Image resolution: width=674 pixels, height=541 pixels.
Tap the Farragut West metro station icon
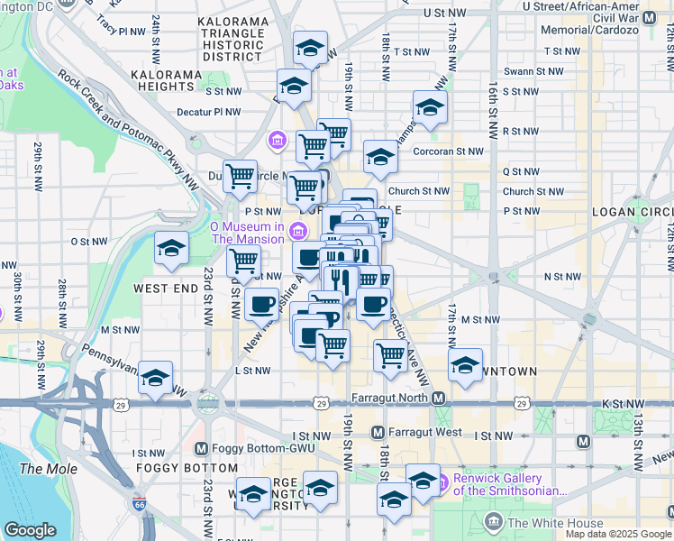point(378,433)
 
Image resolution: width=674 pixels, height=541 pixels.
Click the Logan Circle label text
point(632,211)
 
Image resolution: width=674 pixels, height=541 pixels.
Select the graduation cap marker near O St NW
point(170,250)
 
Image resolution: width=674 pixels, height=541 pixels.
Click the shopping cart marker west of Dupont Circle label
point(240,177)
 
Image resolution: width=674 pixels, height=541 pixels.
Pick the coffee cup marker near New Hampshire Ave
point(261,304)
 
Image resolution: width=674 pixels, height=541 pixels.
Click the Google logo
point(30,530)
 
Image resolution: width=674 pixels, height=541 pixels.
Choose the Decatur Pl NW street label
point(209,112)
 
